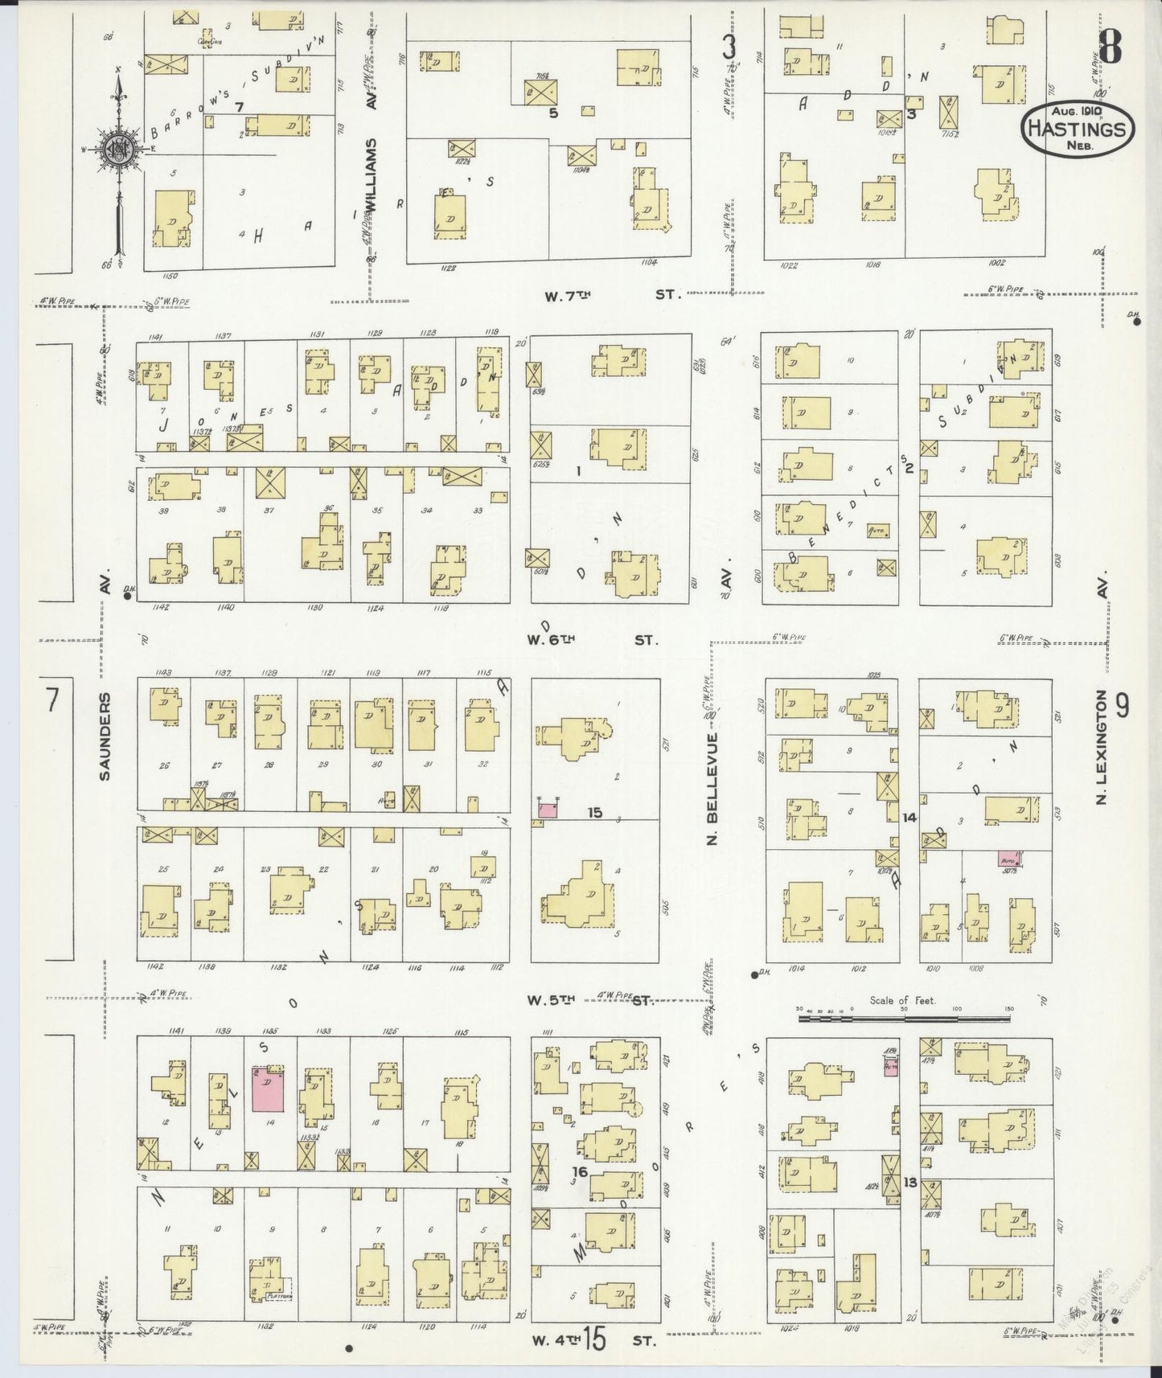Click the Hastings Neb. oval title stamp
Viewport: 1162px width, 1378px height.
point(1078,127)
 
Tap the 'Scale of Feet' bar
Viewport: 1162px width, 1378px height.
point(905,1018)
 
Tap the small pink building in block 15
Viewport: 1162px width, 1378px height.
point(548,810)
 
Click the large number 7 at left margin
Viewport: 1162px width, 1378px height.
point(51,701)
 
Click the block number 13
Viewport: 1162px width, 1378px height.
point(909,1183)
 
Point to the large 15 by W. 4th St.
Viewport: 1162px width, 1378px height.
point(595,1340)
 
